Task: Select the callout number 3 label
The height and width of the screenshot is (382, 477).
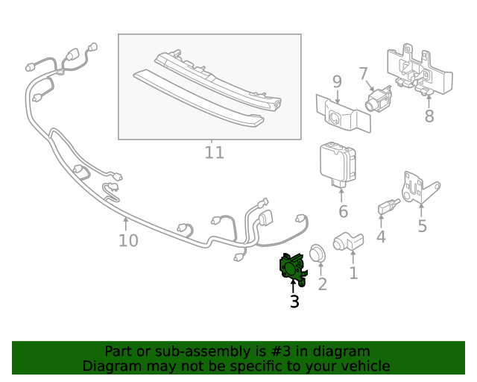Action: pos(294,301)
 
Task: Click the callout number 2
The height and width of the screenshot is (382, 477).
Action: pos(322,284)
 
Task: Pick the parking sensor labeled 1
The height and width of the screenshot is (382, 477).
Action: pos(347,242)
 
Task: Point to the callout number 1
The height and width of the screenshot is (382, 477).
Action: pos(353,273)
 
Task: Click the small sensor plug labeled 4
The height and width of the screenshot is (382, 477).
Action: pos(385,205)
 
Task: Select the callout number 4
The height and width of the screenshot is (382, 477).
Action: pos(381,237)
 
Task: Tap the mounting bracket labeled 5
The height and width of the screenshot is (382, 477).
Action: pos(418,187)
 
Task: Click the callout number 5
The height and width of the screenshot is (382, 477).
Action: pos(422,225)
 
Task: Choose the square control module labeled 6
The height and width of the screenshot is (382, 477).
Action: pos(338,161)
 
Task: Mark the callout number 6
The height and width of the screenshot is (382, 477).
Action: pos(343,212)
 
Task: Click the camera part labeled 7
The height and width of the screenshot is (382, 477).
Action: pos(380,98)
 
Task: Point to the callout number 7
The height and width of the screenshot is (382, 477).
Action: pos(363,74)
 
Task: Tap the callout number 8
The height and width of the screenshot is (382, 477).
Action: pos(429,116)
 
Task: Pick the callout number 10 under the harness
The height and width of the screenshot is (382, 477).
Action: pos(128,240)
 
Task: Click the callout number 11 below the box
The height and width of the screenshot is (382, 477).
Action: pos(214,153)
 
